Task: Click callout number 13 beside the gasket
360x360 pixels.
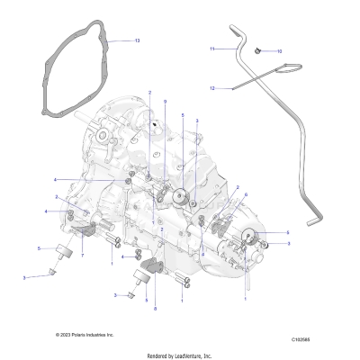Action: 137,41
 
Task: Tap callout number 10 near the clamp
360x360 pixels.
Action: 279,51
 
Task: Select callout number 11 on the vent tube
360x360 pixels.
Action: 212,48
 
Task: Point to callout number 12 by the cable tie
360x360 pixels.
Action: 212,88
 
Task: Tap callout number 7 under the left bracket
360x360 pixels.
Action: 84,256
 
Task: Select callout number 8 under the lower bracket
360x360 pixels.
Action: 155,307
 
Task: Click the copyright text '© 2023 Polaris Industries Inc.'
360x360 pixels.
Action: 85,334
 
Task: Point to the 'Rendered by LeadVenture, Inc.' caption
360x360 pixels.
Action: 180,354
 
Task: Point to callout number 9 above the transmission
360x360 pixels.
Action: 164,104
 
